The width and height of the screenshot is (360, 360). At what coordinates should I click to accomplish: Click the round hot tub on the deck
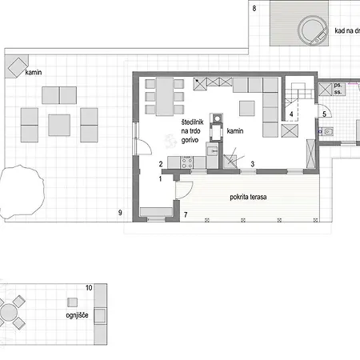pos(313,31)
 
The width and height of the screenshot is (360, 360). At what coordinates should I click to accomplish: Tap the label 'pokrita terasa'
pos(247,196)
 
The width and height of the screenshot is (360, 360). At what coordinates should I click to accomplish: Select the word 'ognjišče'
pos(77,315)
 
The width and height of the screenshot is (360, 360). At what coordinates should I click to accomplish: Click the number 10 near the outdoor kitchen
pos(89,286)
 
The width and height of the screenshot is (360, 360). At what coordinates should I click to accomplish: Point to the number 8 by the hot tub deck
pos(254,8)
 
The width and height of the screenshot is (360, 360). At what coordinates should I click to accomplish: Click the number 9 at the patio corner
pos(119,212)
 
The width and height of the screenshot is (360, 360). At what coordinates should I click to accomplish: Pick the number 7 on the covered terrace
pos(185,214)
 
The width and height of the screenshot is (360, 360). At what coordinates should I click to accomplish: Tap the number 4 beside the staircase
pos(291,115)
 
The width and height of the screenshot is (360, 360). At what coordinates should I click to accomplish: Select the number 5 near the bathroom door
pos(324,114)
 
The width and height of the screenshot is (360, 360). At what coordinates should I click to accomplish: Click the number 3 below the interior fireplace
pos(253,164)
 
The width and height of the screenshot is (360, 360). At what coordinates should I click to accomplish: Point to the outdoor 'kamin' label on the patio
pos(34,72)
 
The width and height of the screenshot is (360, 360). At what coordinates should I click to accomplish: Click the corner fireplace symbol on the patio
pos(16,67)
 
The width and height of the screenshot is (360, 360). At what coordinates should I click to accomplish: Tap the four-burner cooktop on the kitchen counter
pos(189,162)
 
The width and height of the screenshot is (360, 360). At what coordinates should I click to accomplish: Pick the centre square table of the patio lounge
pos(59,125)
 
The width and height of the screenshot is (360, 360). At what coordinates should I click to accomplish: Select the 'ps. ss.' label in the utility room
pos(339,89)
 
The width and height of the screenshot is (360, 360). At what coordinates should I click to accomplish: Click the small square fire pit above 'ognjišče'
pos(72,302)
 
